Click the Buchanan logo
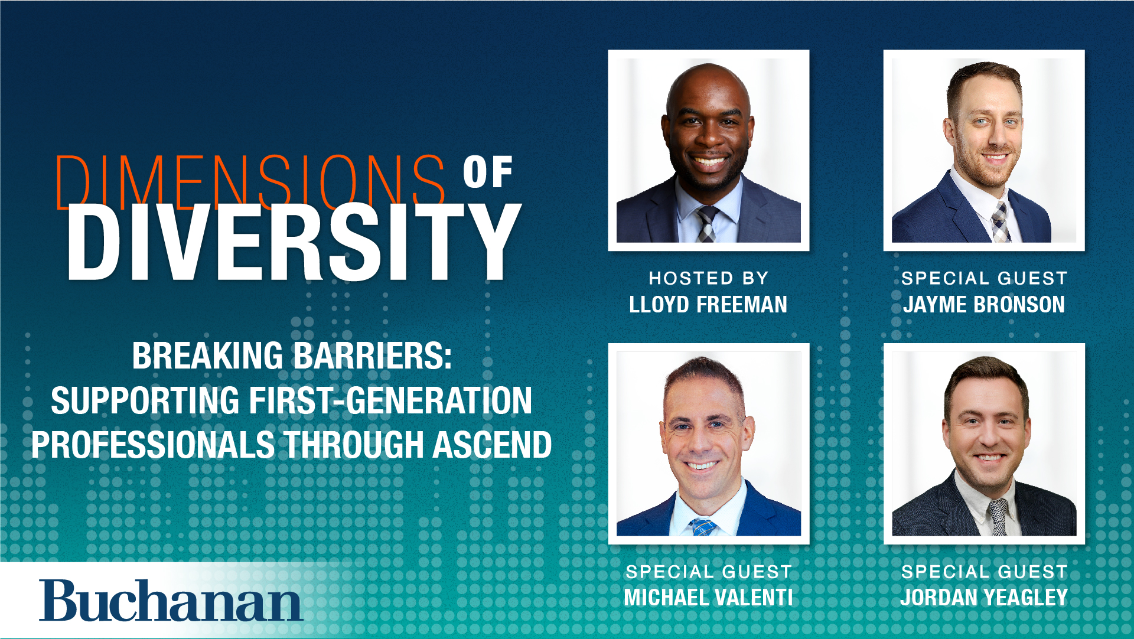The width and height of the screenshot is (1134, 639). pos(171,601)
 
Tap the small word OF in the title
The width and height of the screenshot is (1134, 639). pos(487,172)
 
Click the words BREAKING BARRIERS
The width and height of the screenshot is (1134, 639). pos(292,356)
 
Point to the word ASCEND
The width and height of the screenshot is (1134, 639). pos(492,445)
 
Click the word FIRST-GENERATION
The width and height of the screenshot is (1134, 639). pos(390,400)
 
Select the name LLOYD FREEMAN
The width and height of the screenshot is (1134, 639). pos(708,305)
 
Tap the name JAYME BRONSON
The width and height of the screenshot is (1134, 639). pos(984,305)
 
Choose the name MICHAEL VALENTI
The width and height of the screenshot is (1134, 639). pos(708,598)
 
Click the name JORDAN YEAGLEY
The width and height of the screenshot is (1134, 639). pos(984,598)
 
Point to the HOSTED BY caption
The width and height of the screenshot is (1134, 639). pos(708,278)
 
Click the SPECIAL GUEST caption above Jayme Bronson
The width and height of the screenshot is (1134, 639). pos(984,278)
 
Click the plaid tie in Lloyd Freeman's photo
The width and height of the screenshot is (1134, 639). pos(706,224)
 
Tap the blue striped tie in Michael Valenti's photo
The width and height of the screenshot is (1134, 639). pos(702,526)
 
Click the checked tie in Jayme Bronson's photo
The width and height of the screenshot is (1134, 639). pos(999,223)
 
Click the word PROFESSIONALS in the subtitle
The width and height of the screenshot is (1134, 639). pos(153,445)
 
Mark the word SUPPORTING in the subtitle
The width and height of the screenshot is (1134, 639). pos(145,400)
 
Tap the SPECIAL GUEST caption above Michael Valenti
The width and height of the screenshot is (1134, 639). pos(708,571)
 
